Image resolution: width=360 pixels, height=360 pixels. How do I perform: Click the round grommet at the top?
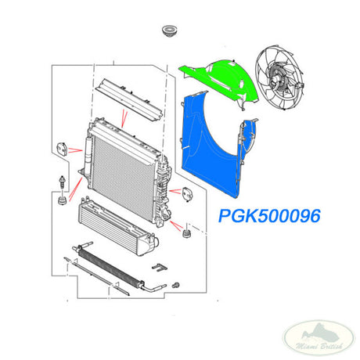tap(170, 31)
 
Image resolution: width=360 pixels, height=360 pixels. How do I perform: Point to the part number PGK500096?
tap(269, 216)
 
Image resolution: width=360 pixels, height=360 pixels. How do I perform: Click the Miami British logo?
tap(319, 337)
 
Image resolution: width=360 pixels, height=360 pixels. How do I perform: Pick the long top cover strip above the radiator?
tap(129, 99)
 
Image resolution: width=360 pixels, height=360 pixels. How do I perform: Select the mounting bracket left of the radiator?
tap(63, 149)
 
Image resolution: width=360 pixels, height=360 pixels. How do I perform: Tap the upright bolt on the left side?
tap(62, 182)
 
